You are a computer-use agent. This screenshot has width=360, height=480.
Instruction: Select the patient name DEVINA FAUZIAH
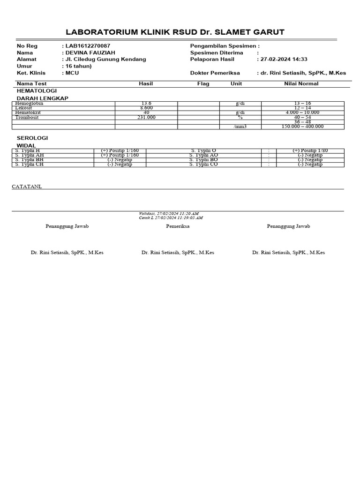click(x=90, y=53)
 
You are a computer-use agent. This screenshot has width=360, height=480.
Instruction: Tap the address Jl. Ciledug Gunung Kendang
click(x=105, y=60)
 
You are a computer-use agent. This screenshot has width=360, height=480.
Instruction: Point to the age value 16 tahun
click(x=78, y=66)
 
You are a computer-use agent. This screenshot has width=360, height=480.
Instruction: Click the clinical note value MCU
click(x=72, y=73)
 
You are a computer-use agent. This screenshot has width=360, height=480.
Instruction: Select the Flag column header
click(x=203, y=84)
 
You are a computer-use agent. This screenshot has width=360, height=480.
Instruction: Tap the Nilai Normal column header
click(x=301, y=84)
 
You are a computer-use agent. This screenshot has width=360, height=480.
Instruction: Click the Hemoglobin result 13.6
click(x=146, y=104)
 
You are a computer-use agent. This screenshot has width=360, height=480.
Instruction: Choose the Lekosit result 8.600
click(x=146, y=108)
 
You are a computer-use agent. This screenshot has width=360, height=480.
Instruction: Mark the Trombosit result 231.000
click(x=146, y=117)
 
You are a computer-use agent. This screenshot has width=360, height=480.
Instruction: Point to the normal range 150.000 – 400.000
click(x=302, y=127)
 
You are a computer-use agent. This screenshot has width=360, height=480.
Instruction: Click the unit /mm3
click(x=240, y=127)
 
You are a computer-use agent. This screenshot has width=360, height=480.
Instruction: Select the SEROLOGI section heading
click(x=32, y=138)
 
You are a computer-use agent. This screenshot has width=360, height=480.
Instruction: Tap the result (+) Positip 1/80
click(x=310, y=150)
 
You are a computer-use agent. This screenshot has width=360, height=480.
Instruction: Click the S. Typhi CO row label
click(x=203, y=165)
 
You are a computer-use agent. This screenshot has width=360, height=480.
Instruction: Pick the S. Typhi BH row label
click(x=29, y=160)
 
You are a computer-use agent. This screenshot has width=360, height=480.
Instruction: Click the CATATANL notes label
click(x=27, y=187)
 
